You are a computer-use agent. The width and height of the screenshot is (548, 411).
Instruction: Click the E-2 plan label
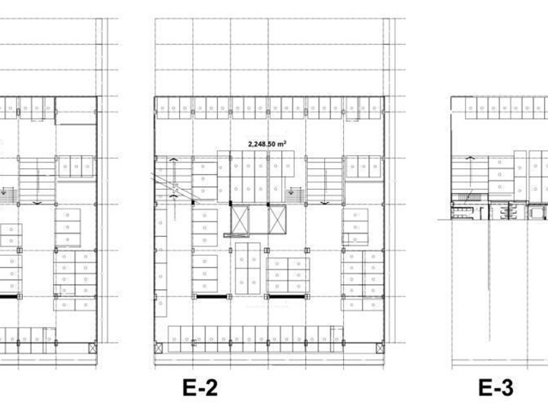click(200, 388)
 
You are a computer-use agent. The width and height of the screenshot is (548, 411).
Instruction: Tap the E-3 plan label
click(496, 388)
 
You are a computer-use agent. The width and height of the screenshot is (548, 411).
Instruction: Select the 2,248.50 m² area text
click(267, 144)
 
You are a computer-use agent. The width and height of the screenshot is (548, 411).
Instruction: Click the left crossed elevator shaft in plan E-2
click(240, 219)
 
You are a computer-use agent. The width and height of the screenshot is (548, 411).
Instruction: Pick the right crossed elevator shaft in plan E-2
click(277, 219)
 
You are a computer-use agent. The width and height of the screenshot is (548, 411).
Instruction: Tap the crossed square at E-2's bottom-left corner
click(159, 348)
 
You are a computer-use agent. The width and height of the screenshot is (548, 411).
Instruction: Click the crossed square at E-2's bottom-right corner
click(380, 348)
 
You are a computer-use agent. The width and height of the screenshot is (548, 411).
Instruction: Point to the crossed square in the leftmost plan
click(93, 348)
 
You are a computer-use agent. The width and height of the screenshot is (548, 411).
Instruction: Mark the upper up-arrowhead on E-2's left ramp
click(174, 159)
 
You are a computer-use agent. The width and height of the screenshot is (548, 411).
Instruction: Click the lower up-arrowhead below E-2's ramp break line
click(174, 196)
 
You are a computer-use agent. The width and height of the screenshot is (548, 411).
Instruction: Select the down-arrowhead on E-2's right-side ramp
click(324, 202)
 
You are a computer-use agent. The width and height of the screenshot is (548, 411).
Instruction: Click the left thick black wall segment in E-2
click(212, 296)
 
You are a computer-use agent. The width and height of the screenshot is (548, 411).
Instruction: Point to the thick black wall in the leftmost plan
click(8, 296)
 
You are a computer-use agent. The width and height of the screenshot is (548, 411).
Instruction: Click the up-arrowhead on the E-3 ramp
click(470, 159)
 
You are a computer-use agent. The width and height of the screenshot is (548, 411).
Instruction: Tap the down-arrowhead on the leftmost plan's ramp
click(37, 202)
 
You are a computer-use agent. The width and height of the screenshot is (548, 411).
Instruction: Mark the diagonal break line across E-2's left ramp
click(175, 187)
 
